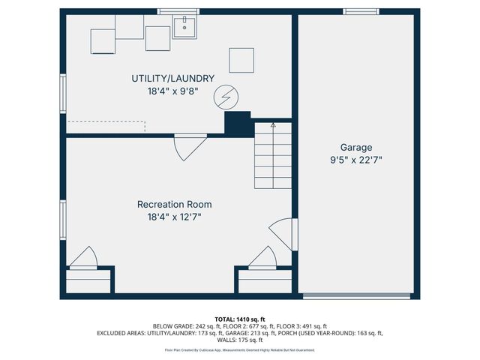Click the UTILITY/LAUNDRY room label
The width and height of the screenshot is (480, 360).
point(173,78)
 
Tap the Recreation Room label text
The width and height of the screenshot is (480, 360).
point(174,204)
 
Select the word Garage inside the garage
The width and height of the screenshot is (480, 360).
point(355,148)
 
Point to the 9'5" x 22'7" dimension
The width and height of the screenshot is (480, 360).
point(355,160)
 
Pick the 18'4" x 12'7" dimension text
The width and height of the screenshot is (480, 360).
point(174,216)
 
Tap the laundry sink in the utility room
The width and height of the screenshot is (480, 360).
point(184,27)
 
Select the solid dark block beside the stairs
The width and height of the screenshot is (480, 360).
point(238,124)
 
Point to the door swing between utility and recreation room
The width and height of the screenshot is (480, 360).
point(188,147)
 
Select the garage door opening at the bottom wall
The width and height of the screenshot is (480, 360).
point(355,296)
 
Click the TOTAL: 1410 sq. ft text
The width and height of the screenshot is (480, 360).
point(239,319)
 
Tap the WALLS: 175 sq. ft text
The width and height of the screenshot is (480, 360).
point(239,340)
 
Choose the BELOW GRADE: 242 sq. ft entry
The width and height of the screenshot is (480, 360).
point(181,326)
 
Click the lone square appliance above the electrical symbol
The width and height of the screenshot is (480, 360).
point(241,59)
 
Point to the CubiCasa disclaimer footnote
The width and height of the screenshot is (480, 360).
point(239,350)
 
